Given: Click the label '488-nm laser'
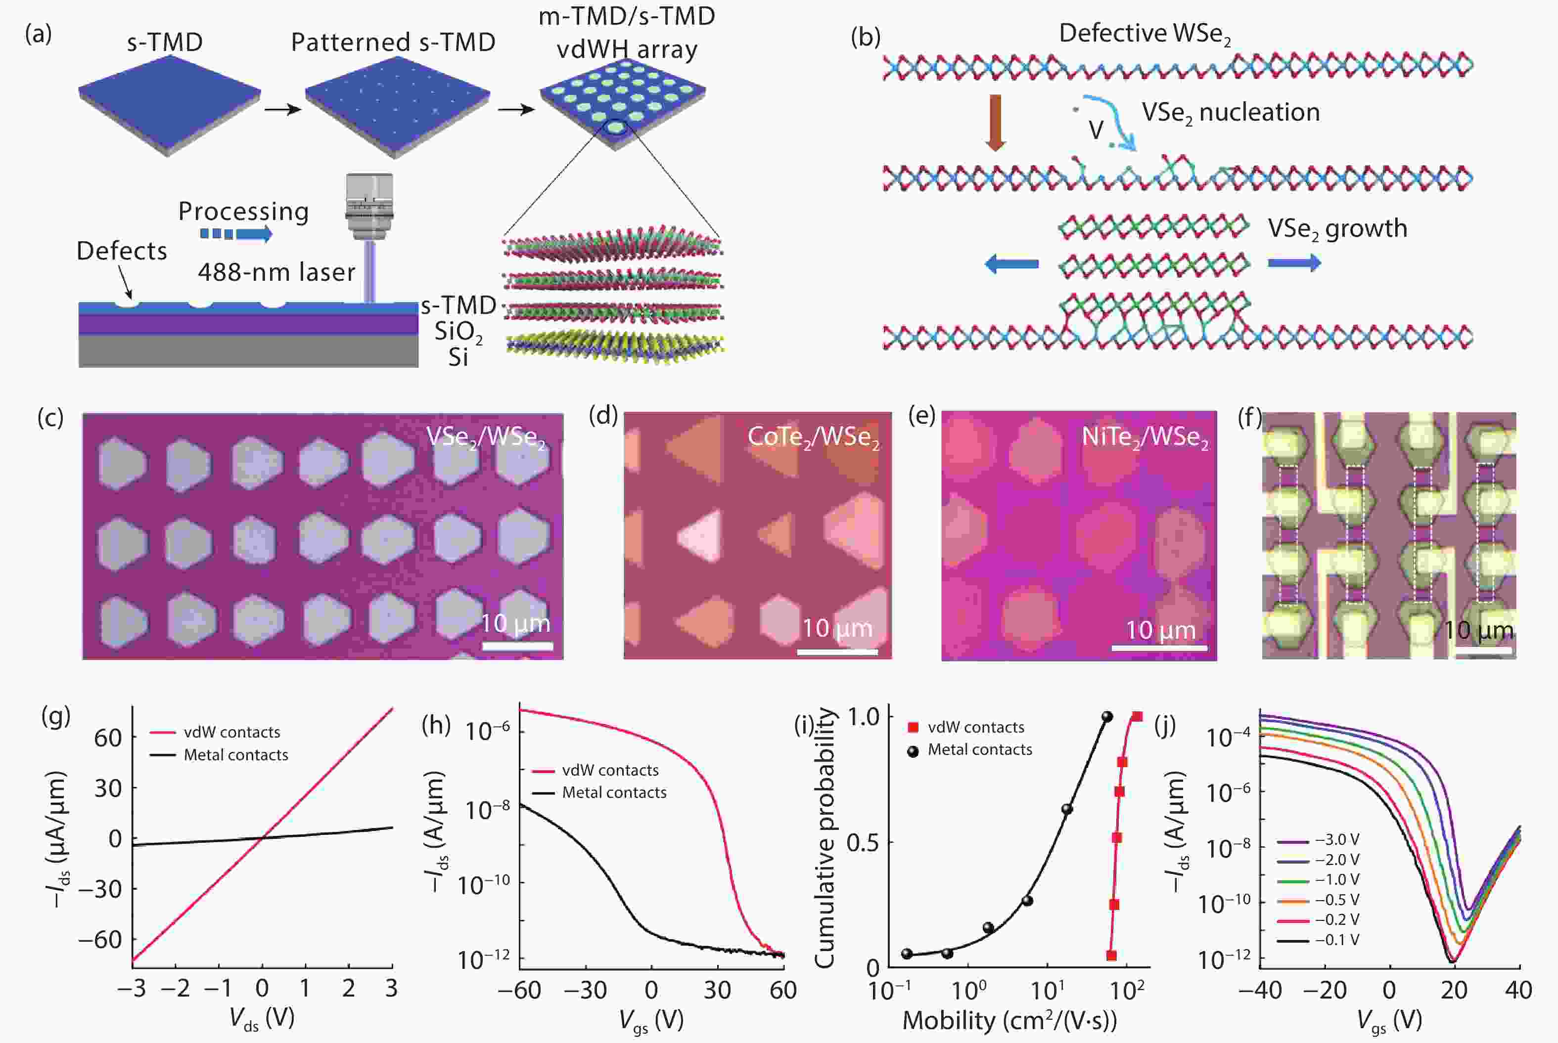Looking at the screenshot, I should pyautogui.click(x=276, y=272).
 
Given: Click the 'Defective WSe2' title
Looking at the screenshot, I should pyautogui.click(x=1145, y=33).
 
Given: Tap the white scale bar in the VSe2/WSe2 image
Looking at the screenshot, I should pyautogui.click(x=517, y=645).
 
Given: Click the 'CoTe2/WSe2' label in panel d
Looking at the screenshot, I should pyautogui.click(x=813, y=437).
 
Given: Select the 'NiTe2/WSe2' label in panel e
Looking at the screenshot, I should pyautogui.click(x=1145, y=437).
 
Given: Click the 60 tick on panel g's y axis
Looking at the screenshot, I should pyautogui.click(x=108, y=738).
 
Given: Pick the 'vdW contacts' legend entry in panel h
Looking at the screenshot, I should pyautogui.click(x=610, y=770).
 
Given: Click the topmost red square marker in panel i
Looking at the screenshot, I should pyautogui.click(x=1138, y=716).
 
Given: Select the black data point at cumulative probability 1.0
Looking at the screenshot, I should pyautogui.click(x=1107, y=716).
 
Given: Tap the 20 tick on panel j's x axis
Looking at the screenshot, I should pyautogui.click(x=1454, y=991).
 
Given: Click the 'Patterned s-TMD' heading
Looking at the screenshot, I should pyautogui.click(x=393, y=43).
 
